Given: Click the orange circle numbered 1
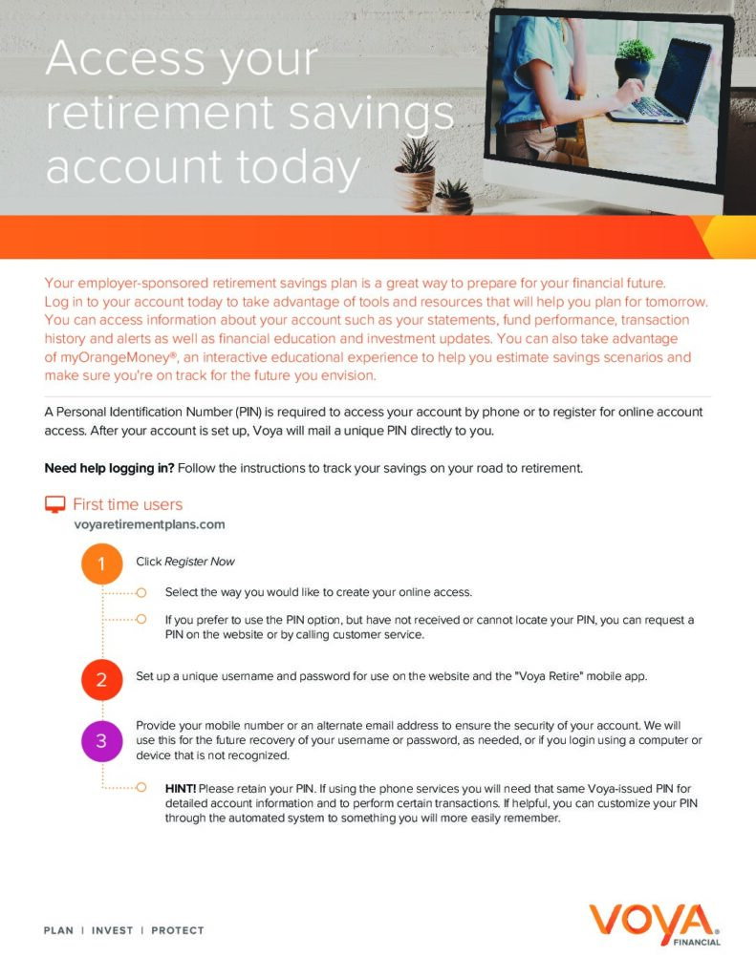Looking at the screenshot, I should [x=101, y=563].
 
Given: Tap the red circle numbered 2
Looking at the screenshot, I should [x=101, y=680].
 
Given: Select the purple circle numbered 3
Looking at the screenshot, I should [x=101, y=740].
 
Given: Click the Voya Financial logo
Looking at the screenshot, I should [x=654, y=924].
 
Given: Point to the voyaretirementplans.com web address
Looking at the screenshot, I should [x=149, y=524].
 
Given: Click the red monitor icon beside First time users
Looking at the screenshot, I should [x=55, y=504].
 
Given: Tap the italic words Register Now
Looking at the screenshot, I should [x=200, y=562].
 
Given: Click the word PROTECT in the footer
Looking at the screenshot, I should [x=177, y=930].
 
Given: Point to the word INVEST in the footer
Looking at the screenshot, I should [x=112, y=930].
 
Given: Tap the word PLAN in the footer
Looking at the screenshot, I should [x=58, y=930].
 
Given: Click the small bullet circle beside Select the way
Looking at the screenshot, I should [x=140, y=592].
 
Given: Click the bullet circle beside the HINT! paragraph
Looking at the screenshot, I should [x=140, y=789].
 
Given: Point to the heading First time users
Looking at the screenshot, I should [x=127, y=504].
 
